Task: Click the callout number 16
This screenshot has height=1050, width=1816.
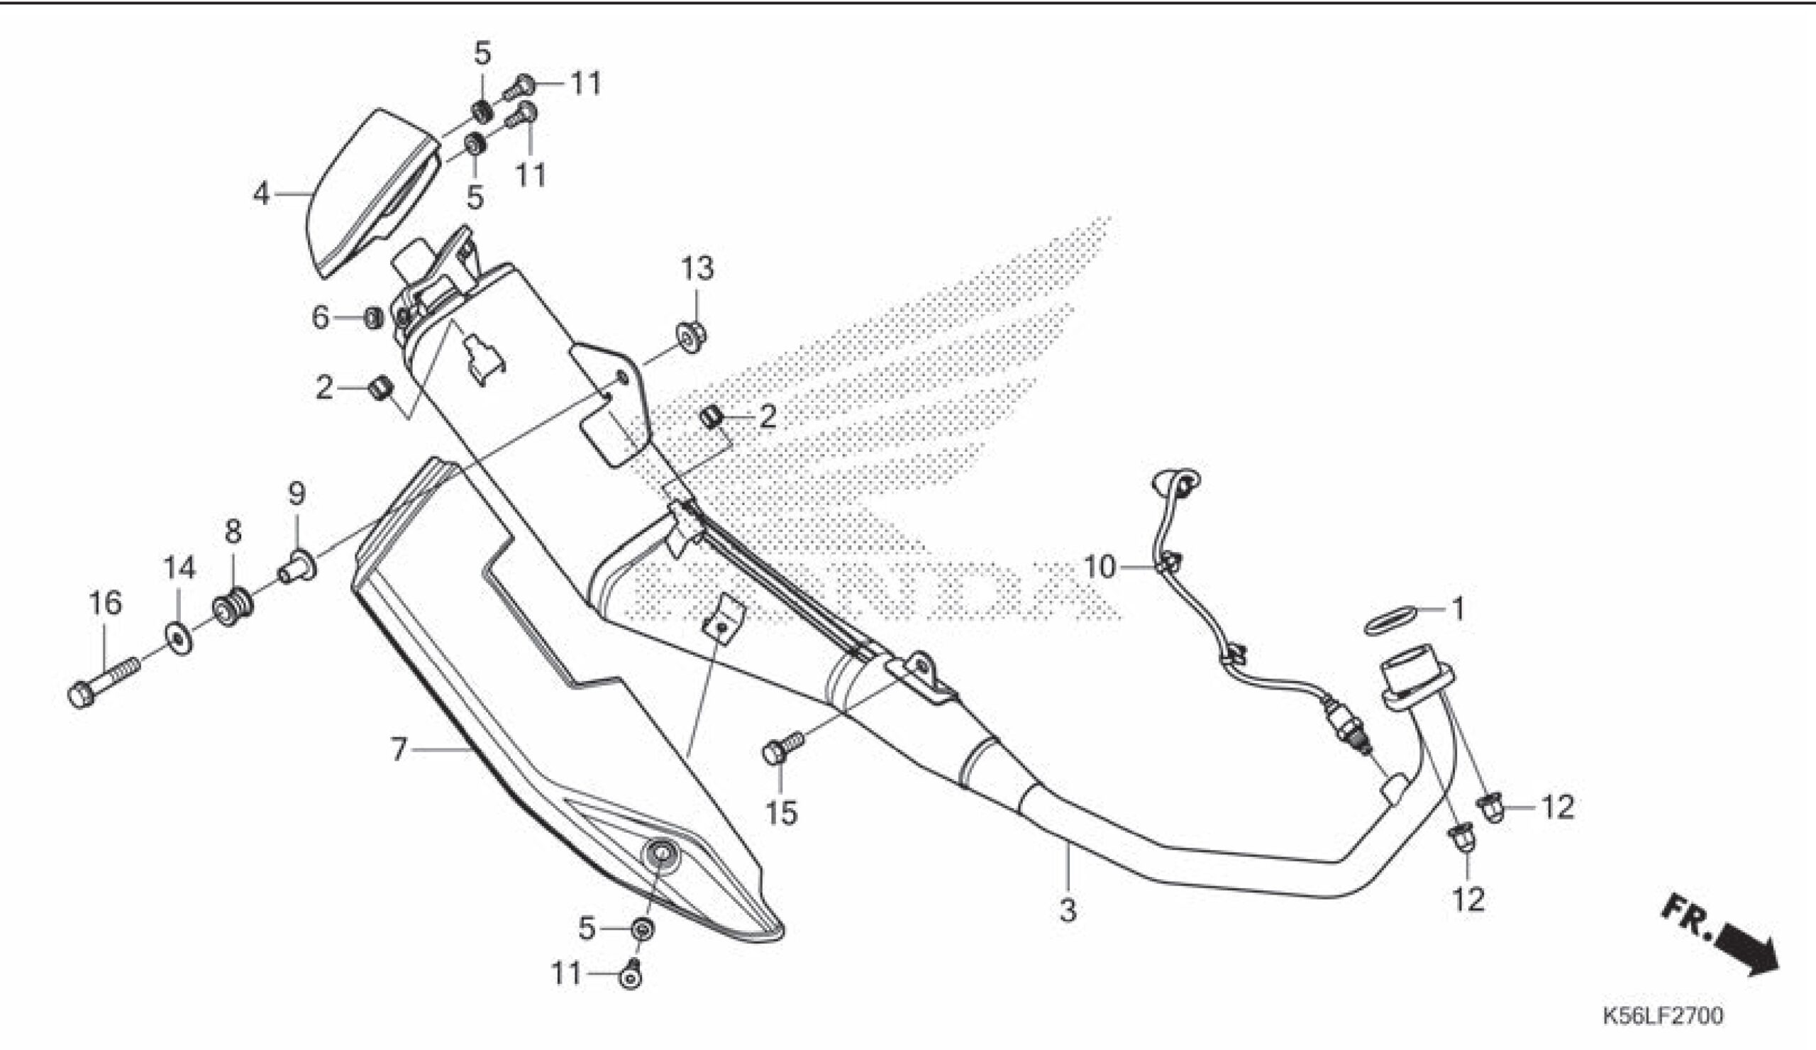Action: (x=105, y=602)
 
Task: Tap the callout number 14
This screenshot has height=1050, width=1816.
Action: (x=179, y=568)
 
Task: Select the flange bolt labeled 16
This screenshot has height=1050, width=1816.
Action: (x=101, y=680)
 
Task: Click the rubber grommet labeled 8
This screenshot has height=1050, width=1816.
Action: (x=231, y=607)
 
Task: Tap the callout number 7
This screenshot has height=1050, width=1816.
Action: (x=399, y=750)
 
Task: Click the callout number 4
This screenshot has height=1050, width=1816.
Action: (x=261, y=193)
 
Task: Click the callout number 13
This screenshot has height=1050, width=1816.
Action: (x=697, y=269)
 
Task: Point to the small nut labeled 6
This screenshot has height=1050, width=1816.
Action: (x=372, y=318)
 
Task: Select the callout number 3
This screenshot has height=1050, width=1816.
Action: (x=1068, y=910)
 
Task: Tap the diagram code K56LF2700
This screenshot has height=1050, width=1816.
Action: (x=1663, y=1017)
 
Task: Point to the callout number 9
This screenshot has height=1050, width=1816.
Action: (x=297, y=494)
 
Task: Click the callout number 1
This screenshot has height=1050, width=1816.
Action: (x=1457, y=609)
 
